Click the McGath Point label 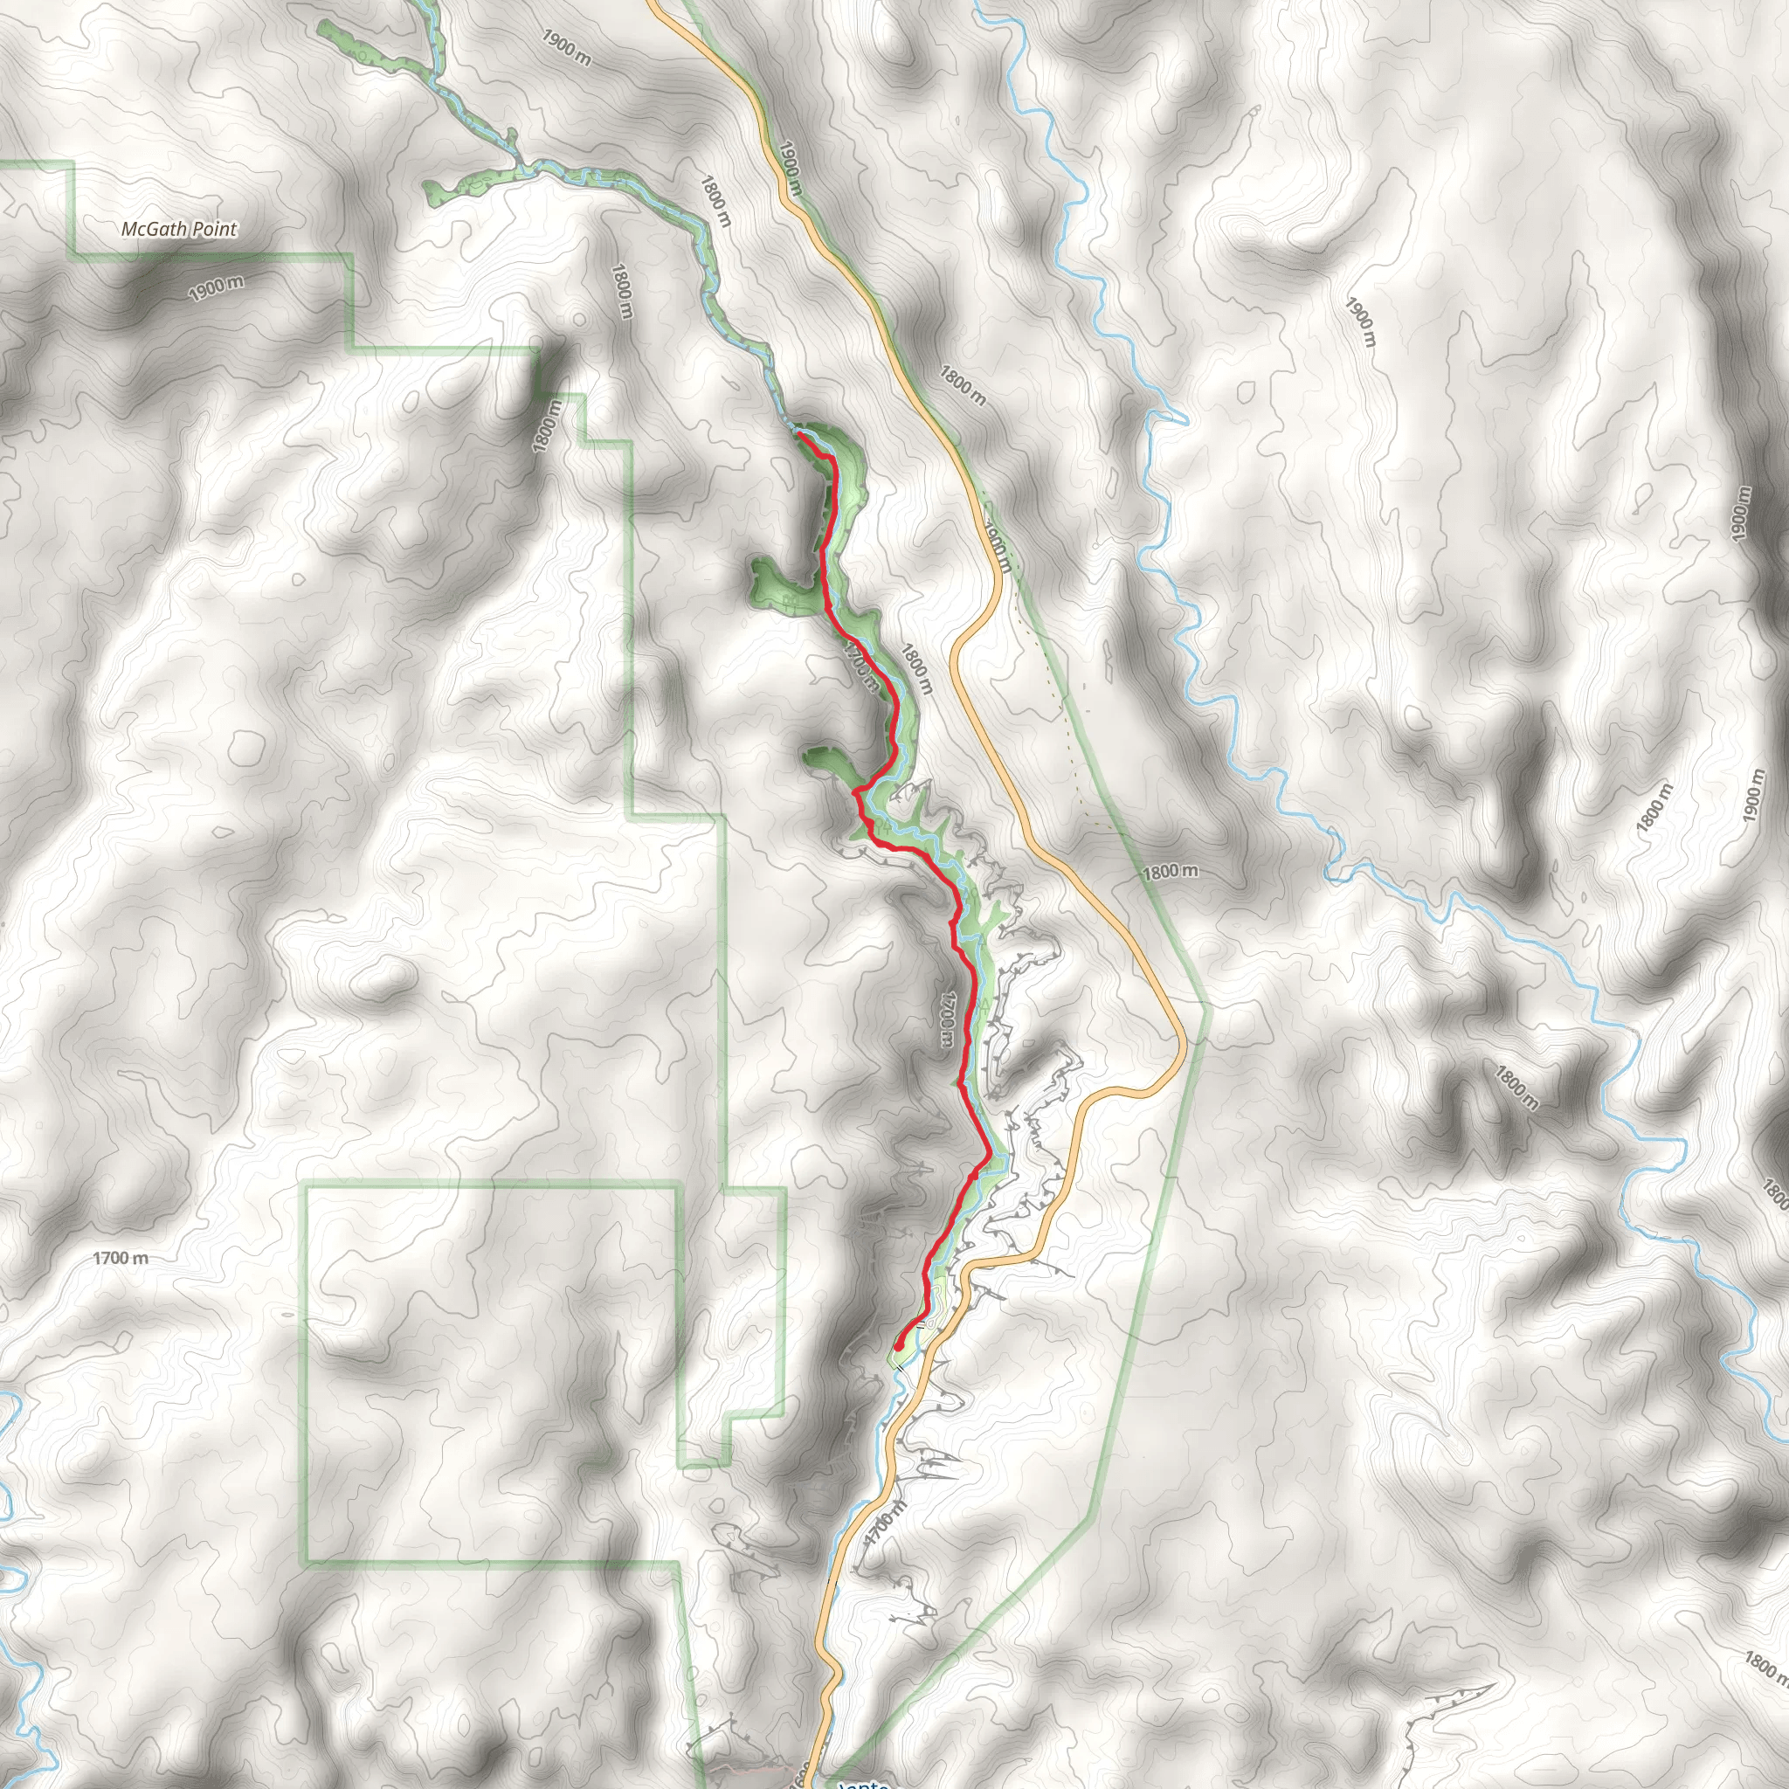click(x=180, y=229)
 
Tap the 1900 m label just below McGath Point click(x=217, y=288)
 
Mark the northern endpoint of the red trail click(x=798, y=433)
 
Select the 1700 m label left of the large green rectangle click(x=121, y=1259)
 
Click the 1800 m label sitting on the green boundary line click(x=1170, y=871)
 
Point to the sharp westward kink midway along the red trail click(x=853, y=791)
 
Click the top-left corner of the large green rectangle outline click(x=307, y=1185)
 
